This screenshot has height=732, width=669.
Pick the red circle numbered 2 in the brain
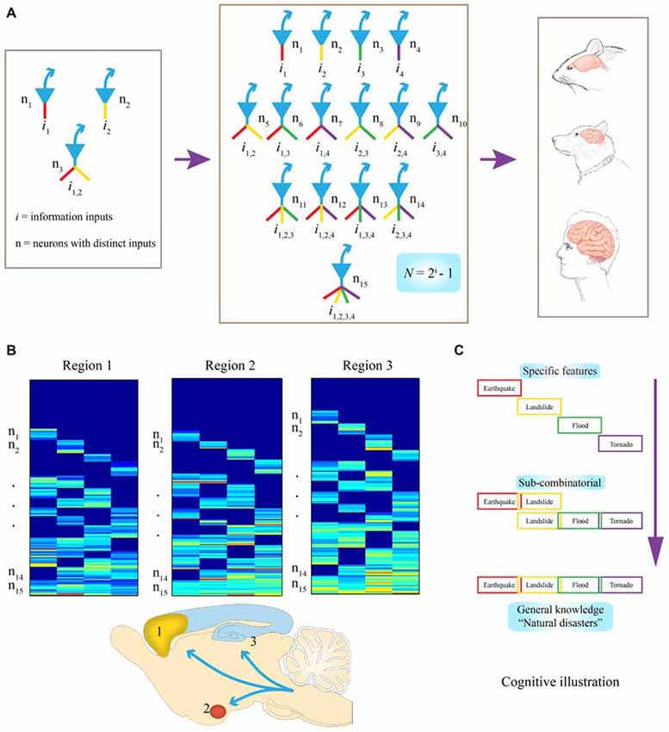point(219,712)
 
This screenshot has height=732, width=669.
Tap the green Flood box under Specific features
point(579,425)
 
